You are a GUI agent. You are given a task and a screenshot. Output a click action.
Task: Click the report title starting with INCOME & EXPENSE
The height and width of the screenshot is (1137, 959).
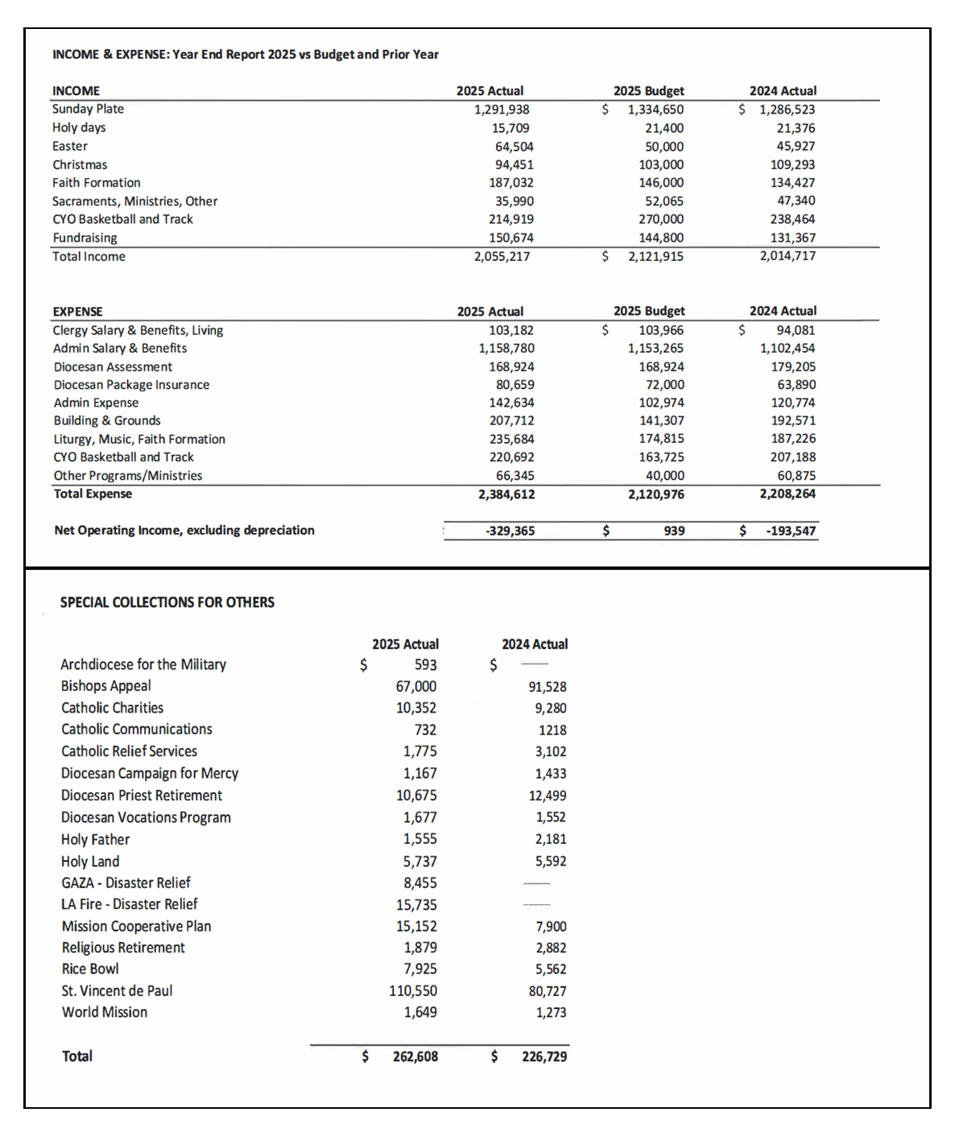coord(245,55)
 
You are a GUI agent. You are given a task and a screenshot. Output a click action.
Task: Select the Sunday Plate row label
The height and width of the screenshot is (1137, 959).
coord(88,109)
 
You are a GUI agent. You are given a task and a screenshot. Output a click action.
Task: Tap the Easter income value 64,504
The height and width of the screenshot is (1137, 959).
coord(514,147)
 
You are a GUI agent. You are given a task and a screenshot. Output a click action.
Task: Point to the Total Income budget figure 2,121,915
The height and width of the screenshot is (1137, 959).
coord(655,256)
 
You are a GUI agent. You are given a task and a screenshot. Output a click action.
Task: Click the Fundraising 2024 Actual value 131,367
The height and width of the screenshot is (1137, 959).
coord(792,238)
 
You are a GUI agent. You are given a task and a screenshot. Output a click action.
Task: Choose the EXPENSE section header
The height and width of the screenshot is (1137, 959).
coord(77,312)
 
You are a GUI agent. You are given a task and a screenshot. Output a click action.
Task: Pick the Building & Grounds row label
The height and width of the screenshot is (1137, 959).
coord(107,420)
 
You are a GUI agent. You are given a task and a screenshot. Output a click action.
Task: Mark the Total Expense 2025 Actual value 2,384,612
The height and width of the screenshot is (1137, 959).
coord(506,494)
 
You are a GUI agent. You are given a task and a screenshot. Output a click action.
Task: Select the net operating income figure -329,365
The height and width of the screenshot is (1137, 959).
coord(510,531)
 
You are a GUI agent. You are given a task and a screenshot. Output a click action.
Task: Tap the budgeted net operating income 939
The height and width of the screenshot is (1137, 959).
coord(674,531)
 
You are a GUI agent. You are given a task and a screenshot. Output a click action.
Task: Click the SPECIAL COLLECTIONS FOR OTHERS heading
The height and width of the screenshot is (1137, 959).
coord(167,602)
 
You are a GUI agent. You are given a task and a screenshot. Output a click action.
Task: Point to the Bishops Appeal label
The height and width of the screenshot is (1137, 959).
coord(105,686)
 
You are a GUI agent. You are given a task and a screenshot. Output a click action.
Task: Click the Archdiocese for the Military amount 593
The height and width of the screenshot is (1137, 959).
coord(425,665)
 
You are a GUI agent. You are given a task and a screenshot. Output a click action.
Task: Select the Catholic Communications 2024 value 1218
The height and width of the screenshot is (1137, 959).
coord(552,730)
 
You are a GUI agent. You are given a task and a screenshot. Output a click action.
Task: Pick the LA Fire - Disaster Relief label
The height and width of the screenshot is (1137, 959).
coord(129,904)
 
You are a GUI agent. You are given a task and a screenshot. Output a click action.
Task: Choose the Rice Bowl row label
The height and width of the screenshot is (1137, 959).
coord(90,969)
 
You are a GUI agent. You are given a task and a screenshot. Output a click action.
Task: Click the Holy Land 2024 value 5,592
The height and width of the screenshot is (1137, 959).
coord(551,862)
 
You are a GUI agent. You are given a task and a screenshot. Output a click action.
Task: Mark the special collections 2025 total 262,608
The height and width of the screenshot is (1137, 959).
coord(415,1056)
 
